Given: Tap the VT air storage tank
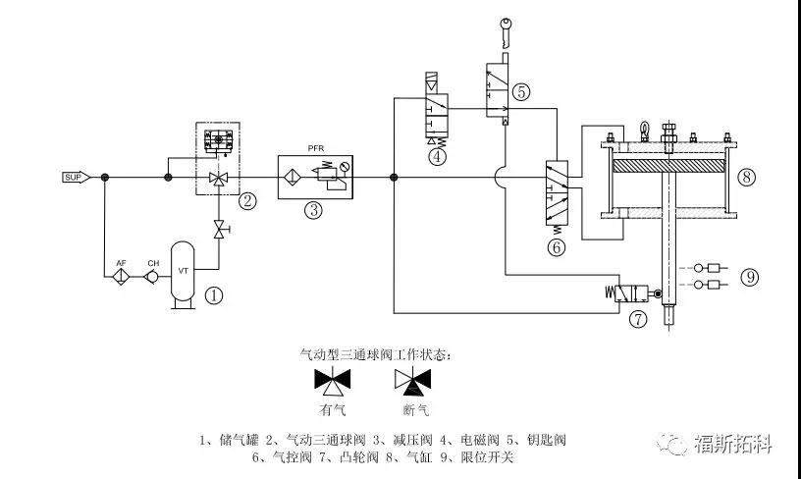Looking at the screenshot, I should tap(183, 271).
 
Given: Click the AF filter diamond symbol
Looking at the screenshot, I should tap(122, 277).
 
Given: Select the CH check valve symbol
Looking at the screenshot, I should tap(152, 277).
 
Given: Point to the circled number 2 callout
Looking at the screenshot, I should tap(248, 202).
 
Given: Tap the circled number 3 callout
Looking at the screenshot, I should tap(313, 209).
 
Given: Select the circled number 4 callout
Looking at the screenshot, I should tap(436, 154).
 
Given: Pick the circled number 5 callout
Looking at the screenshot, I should tap(521, 91).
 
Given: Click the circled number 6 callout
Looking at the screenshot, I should tap(557, 246).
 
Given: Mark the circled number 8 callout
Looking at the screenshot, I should tap(747, 178).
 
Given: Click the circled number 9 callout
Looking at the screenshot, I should tap(750, 277).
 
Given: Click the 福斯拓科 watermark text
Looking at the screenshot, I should tap(731, 443).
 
